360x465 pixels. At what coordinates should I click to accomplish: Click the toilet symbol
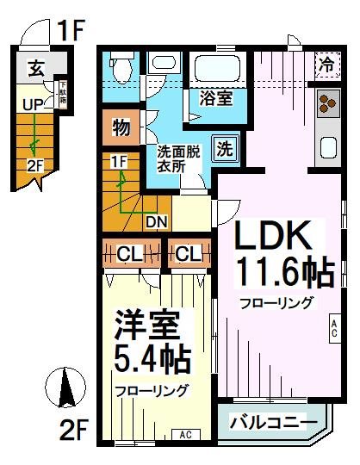[x=120, y=65]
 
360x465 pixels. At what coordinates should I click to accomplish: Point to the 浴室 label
[x=214, y=97]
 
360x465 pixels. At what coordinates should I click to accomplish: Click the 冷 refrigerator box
[x=326, y=62]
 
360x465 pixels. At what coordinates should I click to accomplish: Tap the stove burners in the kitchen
[x=328, y=103]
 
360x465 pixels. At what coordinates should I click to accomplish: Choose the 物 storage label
[x=121, y=129]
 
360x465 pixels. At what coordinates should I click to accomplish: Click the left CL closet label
[x=130, y=254]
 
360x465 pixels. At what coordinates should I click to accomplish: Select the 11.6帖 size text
[x=284, y=273]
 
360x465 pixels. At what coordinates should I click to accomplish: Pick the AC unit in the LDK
[x=333, y=325]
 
